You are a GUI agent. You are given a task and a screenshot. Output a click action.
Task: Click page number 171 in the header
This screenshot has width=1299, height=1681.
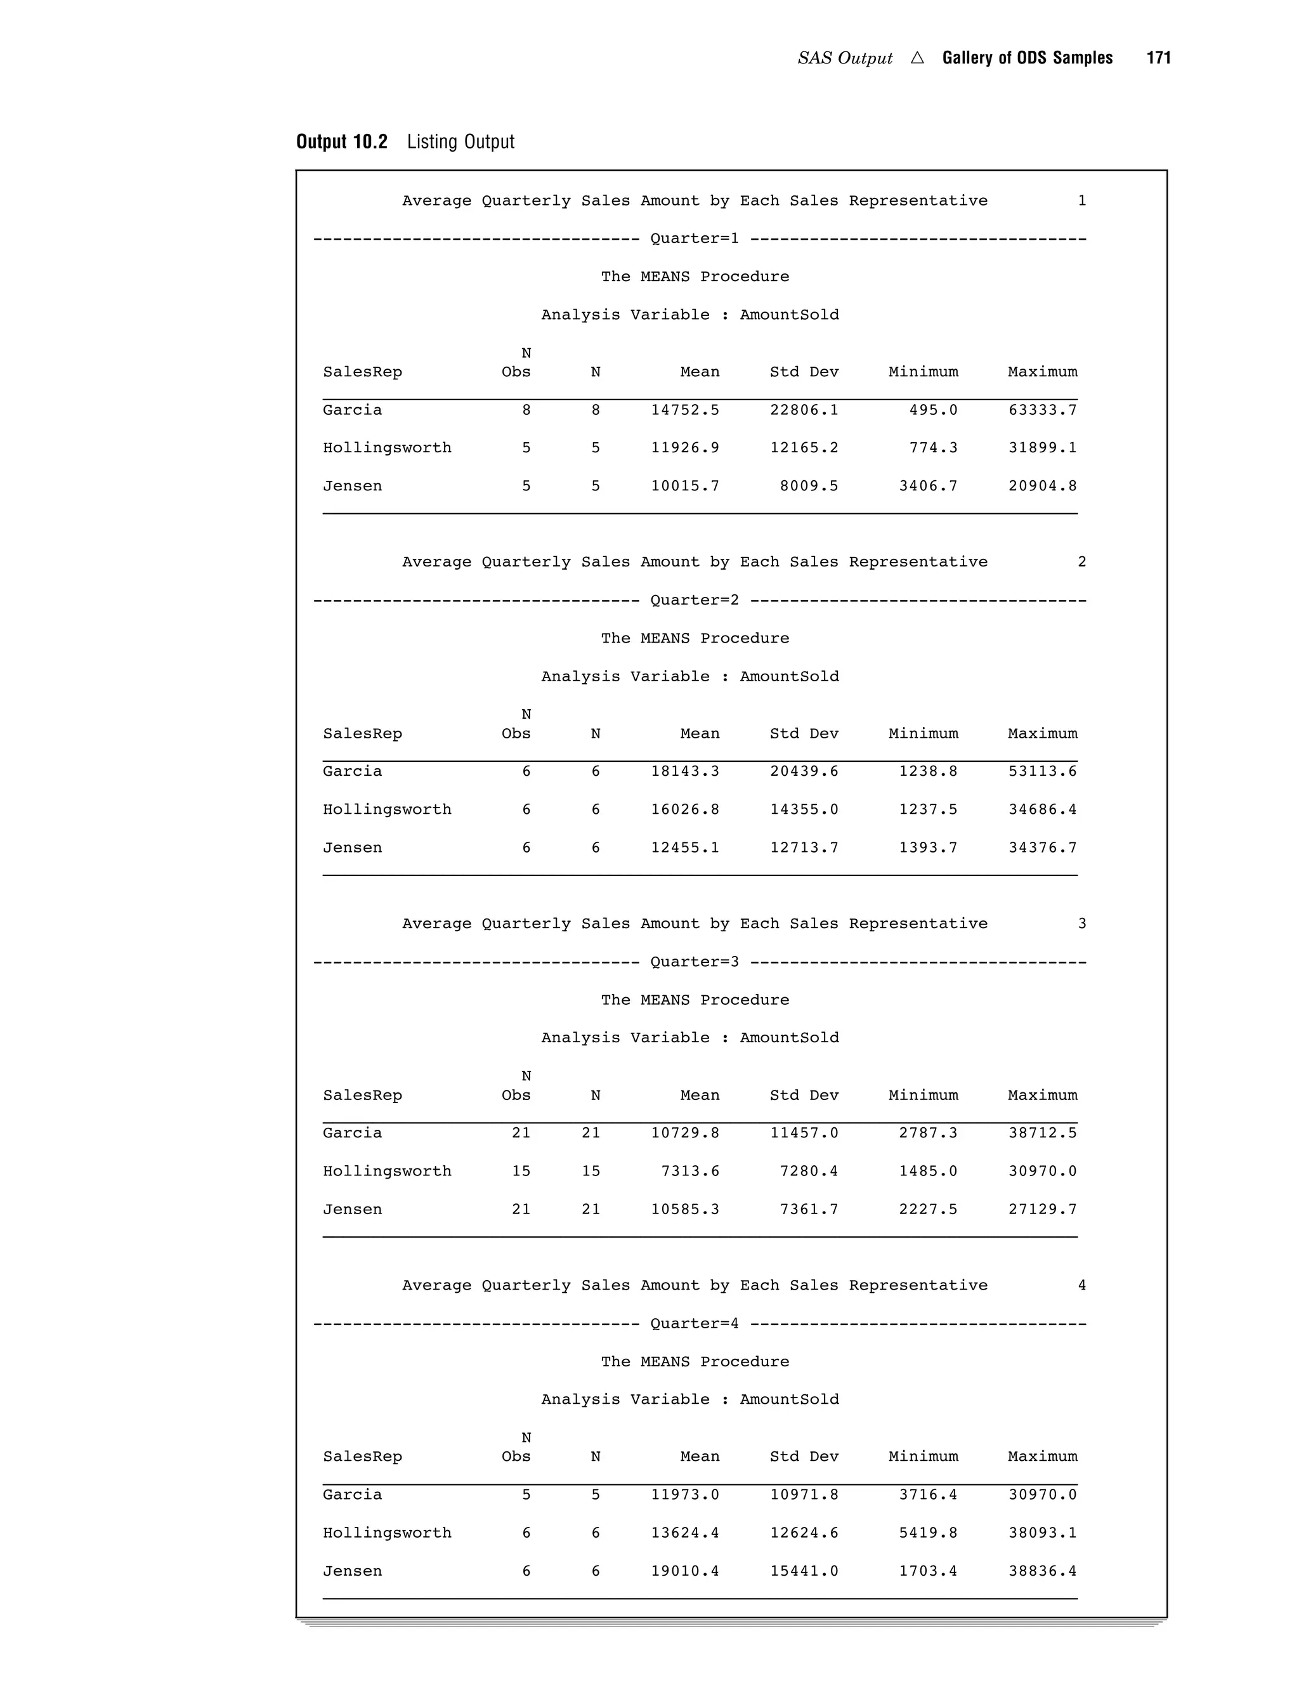point(1158,58)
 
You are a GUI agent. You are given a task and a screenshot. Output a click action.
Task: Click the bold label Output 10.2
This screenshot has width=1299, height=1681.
point(342,141)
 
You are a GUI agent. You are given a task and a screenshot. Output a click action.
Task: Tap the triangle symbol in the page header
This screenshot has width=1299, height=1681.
point(917,58)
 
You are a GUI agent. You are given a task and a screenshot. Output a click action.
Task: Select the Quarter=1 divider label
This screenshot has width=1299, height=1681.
point(694,238)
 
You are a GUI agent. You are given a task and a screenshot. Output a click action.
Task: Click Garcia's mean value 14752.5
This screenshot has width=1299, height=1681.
point(685,410)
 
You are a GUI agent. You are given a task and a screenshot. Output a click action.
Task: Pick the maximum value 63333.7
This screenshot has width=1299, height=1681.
point(1042,410)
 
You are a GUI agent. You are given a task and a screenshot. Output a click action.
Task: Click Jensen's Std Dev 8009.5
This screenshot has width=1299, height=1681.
point(809,486)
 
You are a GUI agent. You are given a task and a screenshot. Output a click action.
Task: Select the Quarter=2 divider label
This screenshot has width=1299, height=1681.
point(694,599)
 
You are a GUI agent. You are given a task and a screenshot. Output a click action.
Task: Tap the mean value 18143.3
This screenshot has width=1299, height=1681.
point(685,771)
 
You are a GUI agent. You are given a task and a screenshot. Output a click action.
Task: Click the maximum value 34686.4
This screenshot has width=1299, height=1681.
point(1042,809)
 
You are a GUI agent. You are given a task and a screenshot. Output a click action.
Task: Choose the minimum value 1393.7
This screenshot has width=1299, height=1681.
point(928,847)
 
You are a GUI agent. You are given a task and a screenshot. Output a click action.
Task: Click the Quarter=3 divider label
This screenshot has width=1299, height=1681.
point(694,961)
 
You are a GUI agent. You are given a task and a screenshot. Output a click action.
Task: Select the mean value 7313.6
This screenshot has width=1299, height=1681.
point(690,1171)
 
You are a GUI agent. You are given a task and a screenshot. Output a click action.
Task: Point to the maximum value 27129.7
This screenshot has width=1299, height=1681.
point(1042,1209)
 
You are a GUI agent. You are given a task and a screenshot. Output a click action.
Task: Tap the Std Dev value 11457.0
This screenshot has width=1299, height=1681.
point(804,1132)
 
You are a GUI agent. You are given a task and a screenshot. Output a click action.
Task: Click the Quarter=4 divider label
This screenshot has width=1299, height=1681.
point(694,1323)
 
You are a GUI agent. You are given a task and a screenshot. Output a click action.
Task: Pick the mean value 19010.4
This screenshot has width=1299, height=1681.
point(685,1571)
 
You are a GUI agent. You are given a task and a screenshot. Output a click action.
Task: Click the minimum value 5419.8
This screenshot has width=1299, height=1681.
point(928,1533)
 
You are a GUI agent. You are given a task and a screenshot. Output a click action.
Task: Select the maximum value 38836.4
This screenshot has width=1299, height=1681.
point(1042,1571)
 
